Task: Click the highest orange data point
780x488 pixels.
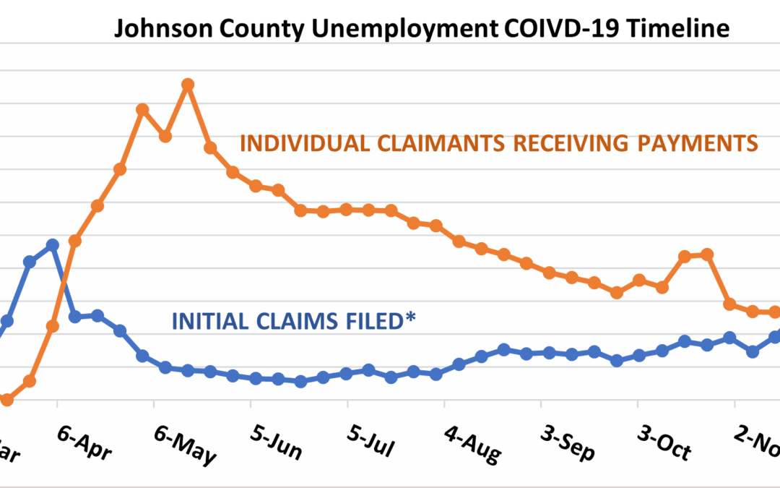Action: pos(188,85)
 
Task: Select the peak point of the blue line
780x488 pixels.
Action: pos(52,245)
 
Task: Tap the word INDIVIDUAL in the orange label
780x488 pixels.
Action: pos(293,143)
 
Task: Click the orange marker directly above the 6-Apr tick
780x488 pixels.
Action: pos(52,326)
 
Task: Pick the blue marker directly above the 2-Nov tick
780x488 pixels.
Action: pos(729,338)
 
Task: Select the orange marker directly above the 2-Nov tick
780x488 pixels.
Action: pos(729,304)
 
